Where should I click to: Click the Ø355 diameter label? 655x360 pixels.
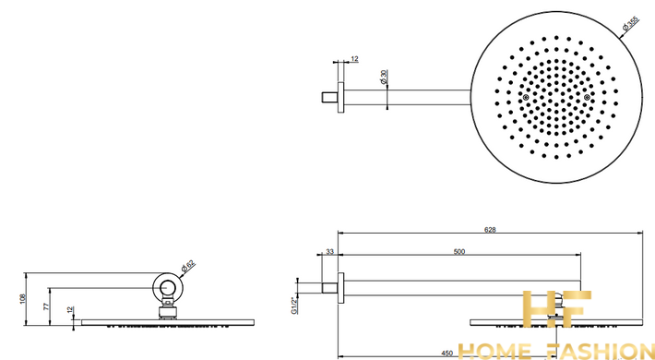[x=631, y=23]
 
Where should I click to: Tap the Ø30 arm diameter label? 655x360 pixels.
[x=384, y=77]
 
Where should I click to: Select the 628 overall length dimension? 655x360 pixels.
[x=490, y=229]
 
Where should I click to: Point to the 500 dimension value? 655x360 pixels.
[x=459, y=252]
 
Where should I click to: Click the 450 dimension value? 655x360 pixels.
[x=447, y=354]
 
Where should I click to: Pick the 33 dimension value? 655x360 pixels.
[x=330, y=252]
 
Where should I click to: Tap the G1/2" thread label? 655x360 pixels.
[x=294, y=306]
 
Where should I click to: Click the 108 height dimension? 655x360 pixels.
[x=23, y=298]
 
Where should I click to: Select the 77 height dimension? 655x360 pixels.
[x=47, y=306]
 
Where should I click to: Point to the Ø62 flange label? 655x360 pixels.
[x=188, y=267]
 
